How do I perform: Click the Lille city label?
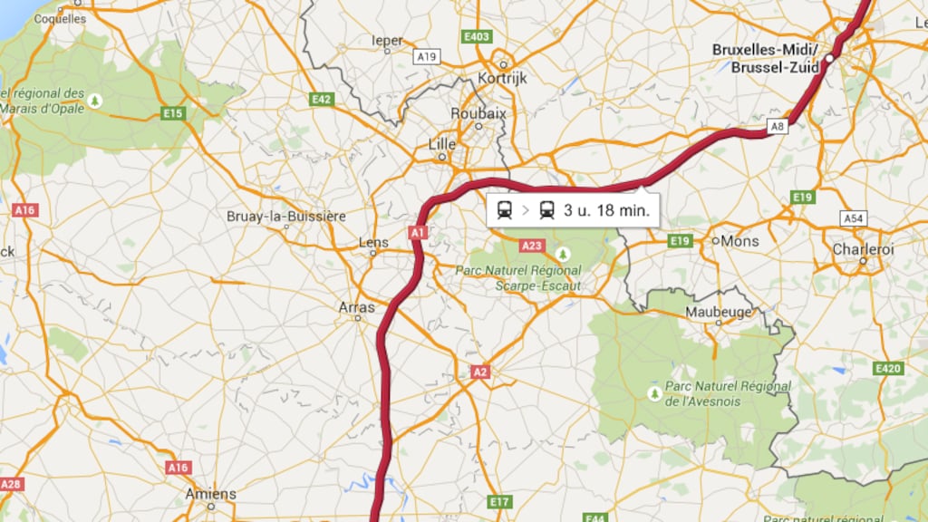pos(442,144)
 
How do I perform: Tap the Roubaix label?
pos(478,113)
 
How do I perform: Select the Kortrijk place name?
pos(501,78)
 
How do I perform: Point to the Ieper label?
pos(387,40)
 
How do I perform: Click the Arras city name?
pos(356,307)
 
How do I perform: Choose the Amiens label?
pos(210,494)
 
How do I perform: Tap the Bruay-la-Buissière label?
pos(285,217)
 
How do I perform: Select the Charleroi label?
pos(863,248)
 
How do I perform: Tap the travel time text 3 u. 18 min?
pos(606,211)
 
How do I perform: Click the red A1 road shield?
pos(418,233)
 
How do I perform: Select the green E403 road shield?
pos(476,36)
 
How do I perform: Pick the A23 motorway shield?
pos(531,246)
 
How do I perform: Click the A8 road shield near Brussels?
pos(777,127)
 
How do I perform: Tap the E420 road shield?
pos(888,369)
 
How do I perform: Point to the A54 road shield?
pos(853,218)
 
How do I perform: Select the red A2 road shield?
pos(480,372)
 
